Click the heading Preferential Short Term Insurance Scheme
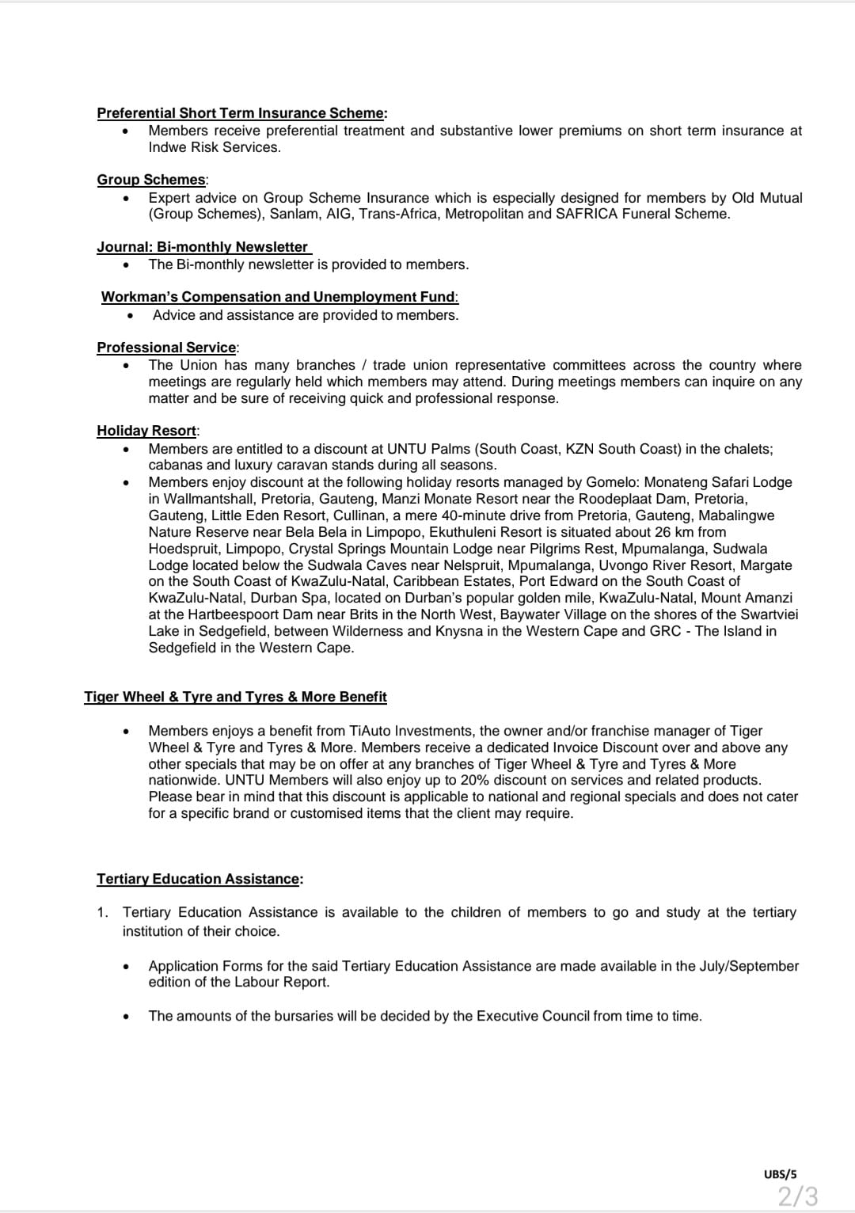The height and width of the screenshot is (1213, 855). [x=241, y=113]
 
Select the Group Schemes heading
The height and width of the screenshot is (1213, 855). [x=152, y=180]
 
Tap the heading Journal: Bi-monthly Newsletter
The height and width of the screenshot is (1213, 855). [x=203, y=247]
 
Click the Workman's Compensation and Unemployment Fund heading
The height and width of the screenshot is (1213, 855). [x=279, y=297]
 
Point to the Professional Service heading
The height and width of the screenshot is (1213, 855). [x=167, y=348]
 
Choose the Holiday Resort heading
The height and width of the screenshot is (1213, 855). [x=147, y=431]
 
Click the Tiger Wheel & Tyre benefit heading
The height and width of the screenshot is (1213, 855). [x=235, y=697]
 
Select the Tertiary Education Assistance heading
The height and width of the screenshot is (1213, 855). [x=199, y=879]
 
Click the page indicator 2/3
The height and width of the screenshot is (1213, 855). [x=797, y=1195]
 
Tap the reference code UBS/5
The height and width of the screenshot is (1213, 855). [x=781, y=1174]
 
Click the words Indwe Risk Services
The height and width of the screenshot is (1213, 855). [x=214, y=147]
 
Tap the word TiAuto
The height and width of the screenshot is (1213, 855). [x=371, y=731]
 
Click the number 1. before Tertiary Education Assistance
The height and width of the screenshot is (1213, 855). [x=103, y=912]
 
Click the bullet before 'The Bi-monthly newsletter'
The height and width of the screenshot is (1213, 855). [x=126, y=265]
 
